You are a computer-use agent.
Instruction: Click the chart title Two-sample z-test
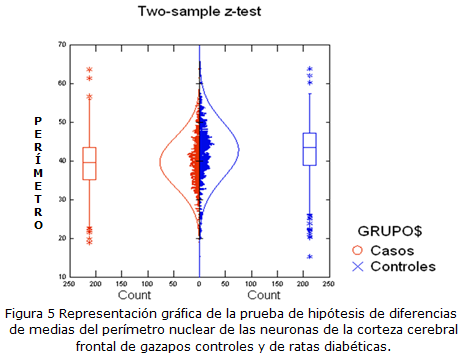pos(197,13)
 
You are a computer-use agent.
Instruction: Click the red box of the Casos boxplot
pos(89,163)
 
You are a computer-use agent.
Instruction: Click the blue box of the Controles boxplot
pos(309,148)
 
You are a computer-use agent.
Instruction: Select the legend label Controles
pos(404,267)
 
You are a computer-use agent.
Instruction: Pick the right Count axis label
pos(264,296)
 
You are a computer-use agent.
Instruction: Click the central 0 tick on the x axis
pos(199,285)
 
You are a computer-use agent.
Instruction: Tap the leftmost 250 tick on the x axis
pos(68,285)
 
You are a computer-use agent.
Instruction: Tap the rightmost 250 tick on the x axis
pos(330,285)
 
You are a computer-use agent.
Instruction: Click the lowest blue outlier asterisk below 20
pos(309,257)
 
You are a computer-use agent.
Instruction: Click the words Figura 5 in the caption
pos(36,312)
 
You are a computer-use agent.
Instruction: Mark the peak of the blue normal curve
pos(238,152)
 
